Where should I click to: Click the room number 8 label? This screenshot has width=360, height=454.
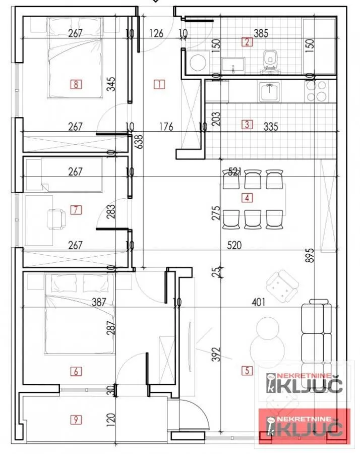[76, 84]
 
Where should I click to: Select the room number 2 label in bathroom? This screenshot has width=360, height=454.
[247, 42]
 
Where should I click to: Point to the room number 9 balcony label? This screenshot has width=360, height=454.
[76, 419]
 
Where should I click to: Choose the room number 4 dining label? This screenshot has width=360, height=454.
[247, 198]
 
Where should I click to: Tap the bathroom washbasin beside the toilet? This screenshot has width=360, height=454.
[234, 65]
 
